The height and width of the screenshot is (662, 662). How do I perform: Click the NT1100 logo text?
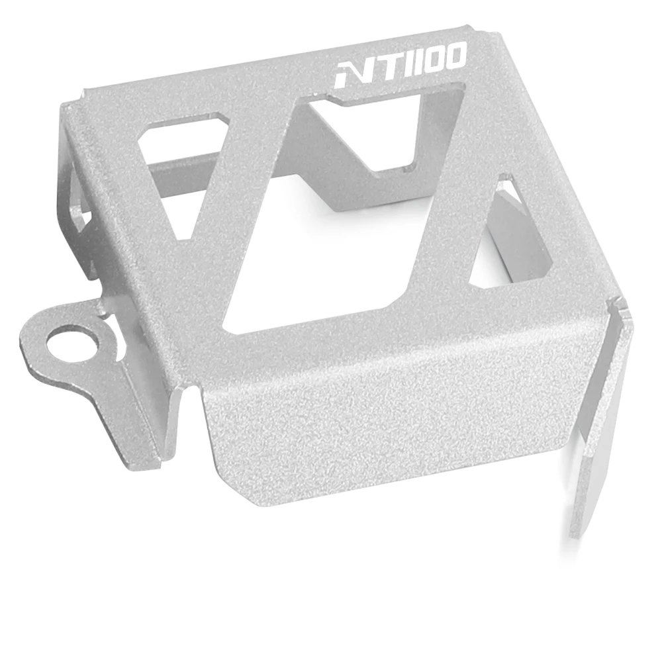click(x=401, y=65)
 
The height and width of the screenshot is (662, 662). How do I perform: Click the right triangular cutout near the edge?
click(x=512, y=241)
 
